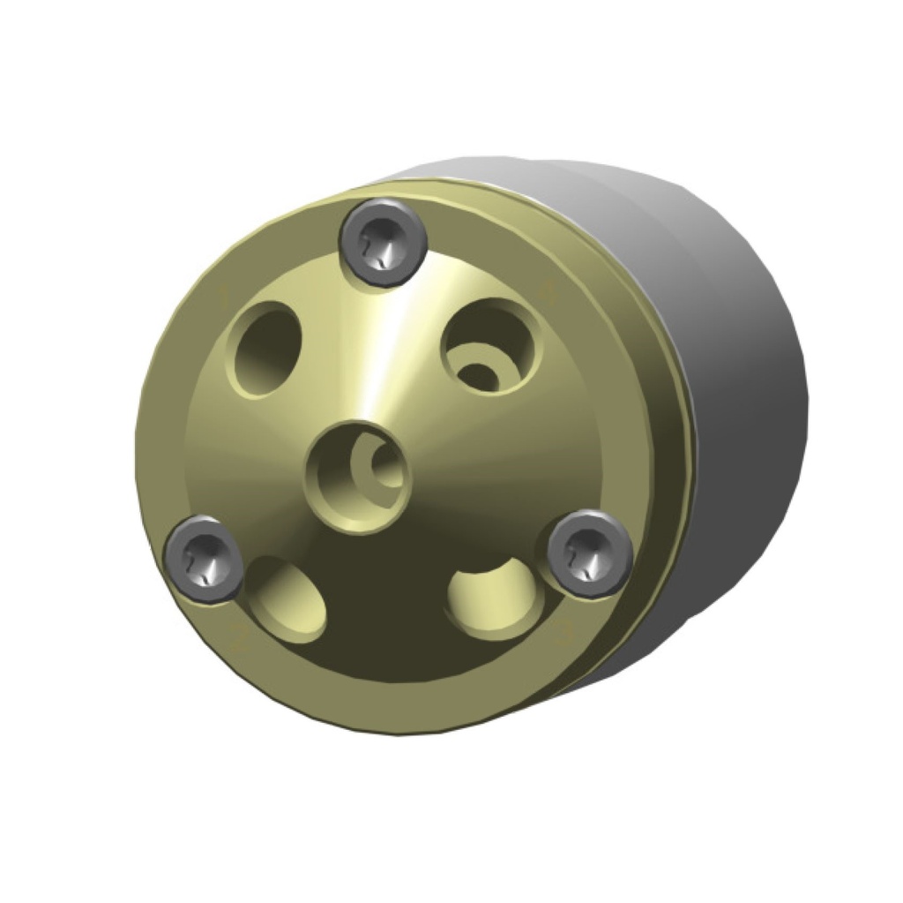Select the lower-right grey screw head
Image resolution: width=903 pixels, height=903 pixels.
click(590, 553)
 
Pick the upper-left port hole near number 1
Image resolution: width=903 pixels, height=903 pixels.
click(264, 348)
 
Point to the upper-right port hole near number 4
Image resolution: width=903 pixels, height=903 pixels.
click(490, 346)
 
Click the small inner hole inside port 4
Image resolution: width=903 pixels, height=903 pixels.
click(481, 374)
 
